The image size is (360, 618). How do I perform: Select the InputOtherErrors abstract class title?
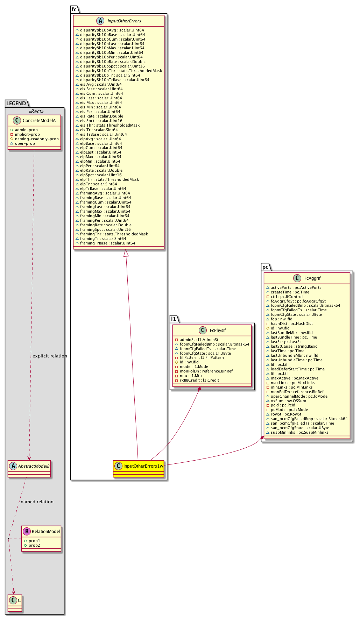point(124,21)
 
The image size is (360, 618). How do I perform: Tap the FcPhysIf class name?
point(218,331)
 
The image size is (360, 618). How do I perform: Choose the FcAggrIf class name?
point(312,278)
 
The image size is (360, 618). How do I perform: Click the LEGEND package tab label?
point(16,104)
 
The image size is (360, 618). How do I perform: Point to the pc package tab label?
point(266,267)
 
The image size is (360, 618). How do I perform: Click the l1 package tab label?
point(174,319)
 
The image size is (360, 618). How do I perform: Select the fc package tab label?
point(74,9)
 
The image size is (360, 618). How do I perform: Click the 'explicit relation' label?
point(50,356)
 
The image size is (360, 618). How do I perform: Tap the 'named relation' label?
point(37,502)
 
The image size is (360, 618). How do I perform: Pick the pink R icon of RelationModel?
point(27,531)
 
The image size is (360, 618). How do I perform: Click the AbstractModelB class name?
point(34,466)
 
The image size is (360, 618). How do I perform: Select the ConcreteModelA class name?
point(39,121)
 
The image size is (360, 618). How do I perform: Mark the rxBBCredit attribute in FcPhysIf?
point(199,380)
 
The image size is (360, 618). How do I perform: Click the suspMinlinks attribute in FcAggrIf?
point(299,432)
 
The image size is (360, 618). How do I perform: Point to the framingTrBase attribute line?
point(108,243)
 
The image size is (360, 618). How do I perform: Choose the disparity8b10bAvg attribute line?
point(112,30)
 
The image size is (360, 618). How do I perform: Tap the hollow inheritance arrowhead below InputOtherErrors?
point(126,253)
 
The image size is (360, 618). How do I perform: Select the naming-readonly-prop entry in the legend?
point(36,139)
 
